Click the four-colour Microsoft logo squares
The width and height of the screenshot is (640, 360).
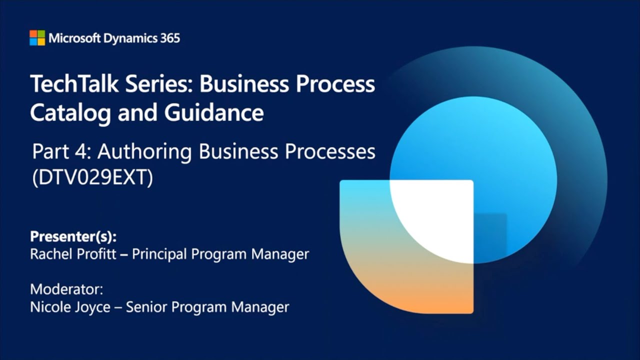tap(37, 37)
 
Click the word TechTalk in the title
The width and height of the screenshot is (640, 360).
tap(74, 83)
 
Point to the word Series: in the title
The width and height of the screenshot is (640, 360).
tap(158, 83)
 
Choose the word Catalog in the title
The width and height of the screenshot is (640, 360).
tap(70, 113)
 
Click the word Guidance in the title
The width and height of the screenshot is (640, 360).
tap(213, 112)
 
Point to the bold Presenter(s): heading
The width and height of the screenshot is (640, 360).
tap(73, 236)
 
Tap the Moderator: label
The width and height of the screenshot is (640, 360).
tap(66, 289)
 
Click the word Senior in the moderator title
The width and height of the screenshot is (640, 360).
tap(146, 307)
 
